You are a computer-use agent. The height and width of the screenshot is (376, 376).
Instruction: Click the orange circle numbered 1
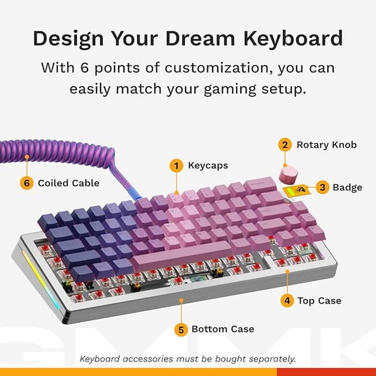point(176,166)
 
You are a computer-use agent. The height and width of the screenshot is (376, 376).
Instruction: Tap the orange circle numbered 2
point(284,145)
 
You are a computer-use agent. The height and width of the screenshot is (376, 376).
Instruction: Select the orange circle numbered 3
point(321,187)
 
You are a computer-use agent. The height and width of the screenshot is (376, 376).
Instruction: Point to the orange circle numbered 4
point(287,301)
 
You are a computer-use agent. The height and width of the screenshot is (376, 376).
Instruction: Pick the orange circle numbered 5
point(182,329)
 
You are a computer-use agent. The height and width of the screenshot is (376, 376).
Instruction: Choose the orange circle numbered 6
point(26,183)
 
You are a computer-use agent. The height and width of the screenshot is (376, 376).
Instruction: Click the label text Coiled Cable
point(69,183)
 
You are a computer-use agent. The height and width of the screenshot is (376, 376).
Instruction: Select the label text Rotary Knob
point(326,145)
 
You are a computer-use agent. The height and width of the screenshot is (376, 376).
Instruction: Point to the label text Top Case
point(319,301)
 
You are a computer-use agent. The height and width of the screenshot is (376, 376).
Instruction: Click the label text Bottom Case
point(223,329)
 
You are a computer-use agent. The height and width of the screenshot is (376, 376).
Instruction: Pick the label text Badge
point(347,187)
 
